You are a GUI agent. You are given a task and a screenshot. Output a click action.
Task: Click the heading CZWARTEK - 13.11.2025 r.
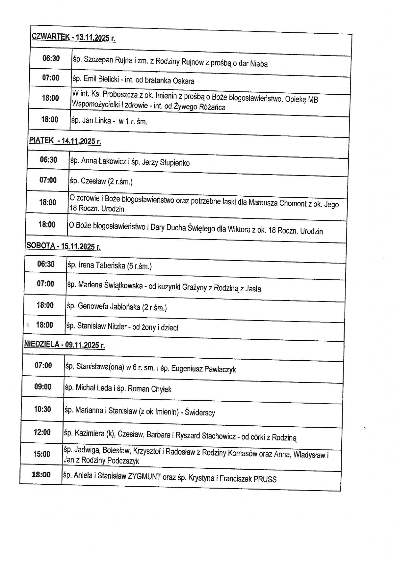click(73, 37)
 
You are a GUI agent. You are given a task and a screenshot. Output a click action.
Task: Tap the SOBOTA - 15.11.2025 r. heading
click(63, 246)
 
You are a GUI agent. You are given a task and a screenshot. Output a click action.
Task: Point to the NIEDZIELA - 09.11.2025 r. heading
click(64, 345)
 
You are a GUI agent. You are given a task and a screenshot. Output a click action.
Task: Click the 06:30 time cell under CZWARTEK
click(51, 58)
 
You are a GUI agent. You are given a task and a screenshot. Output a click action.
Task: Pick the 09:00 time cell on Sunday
click(43, 387)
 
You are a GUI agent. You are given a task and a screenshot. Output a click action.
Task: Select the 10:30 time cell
click(43, 409)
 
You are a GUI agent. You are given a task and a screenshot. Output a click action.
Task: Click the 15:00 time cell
click(42, 454)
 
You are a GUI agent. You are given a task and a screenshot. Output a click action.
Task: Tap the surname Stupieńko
click(175, 163)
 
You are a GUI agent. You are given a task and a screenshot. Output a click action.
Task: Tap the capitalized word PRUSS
click(265, 479)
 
